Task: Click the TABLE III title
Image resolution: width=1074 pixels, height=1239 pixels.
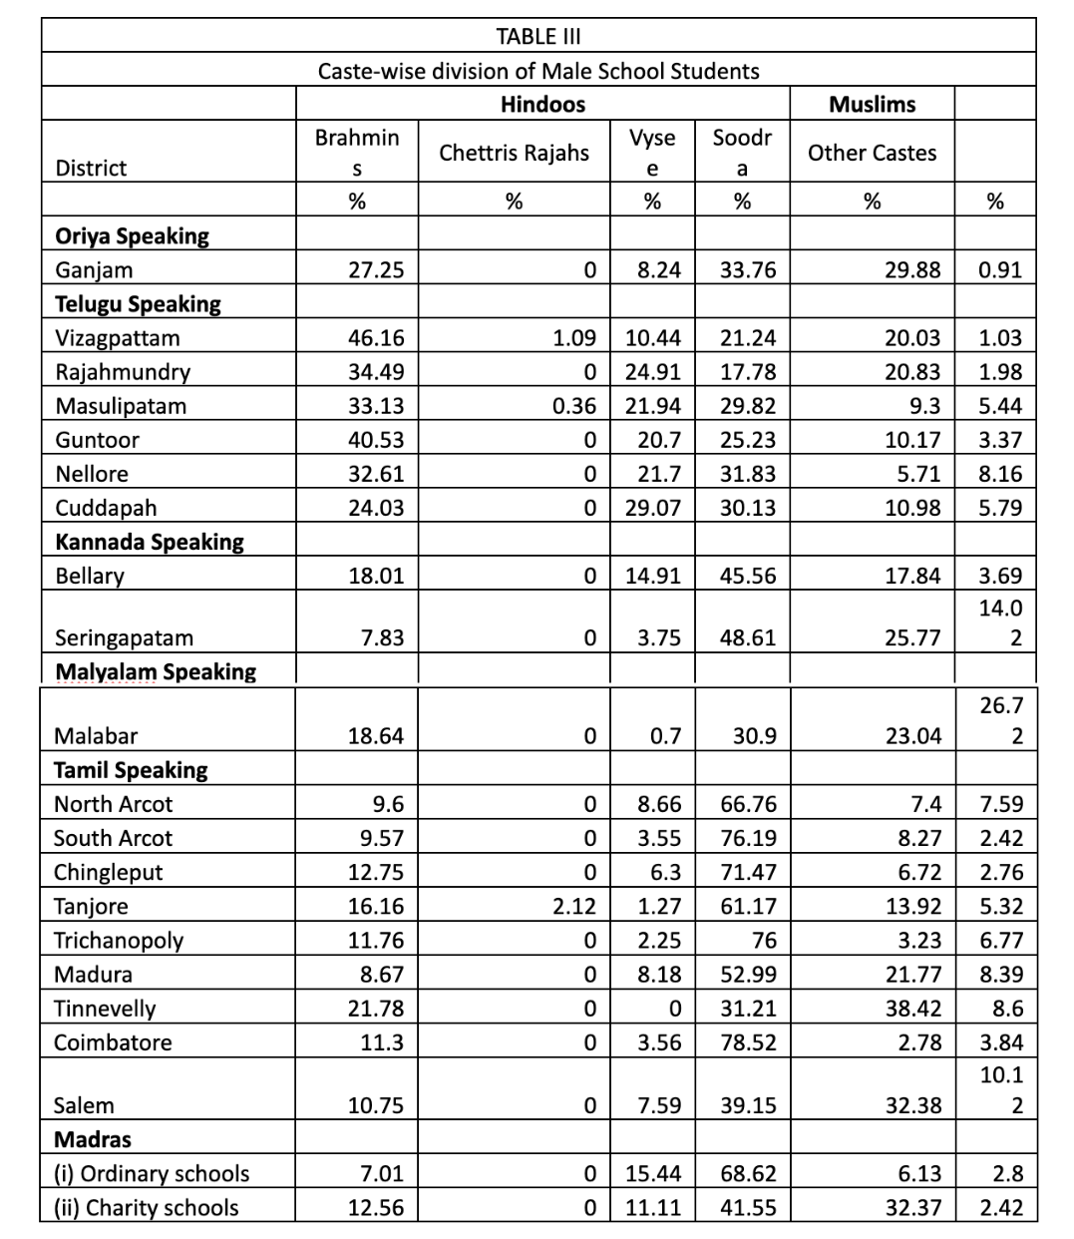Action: tap(538, 37)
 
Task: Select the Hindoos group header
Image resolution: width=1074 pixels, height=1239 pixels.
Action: tap(542, 104)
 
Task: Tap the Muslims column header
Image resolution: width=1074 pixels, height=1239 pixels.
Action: tap(873, 104)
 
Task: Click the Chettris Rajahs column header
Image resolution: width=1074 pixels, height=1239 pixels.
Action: tap(514, 153)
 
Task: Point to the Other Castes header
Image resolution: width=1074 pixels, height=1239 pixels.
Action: tap(873, 153)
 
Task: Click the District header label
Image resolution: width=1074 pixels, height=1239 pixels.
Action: tap(91, 168)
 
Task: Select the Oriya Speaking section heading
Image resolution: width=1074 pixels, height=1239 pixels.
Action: tap(132, 236)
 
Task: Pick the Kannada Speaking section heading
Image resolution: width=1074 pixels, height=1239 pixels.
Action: tap(149, 542)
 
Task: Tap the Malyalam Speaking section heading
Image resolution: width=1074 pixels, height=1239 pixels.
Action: tap(155, 671)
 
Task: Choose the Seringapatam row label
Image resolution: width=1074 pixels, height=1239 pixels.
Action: tap(124, 637)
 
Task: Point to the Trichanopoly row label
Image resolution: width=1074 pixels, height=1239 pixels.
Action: tap(119, 940)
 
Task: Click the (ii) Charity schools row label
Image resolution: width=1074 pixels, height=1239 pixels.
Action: tap(146, 1207)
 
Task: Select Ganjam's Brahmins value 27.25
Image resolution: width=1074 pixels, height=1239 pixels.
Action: tap(376, 270)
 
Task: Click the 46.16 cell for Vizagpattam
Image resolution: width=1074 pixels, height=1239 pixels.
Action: tap(376, 338)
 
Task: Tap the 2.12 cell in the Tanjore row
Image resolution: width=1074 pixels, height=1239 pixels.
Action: tap(574, 906)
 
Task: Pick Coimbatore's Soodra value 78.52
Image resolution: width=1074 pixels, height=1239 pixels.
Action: tap(748, 1042)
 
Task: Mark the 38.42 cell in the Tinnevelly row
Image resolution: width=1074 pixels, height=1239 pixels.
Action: tap(913, 1009)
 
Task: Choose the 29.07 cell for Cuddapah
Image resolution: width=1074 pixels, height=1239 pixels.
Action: tap(653, 508)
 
